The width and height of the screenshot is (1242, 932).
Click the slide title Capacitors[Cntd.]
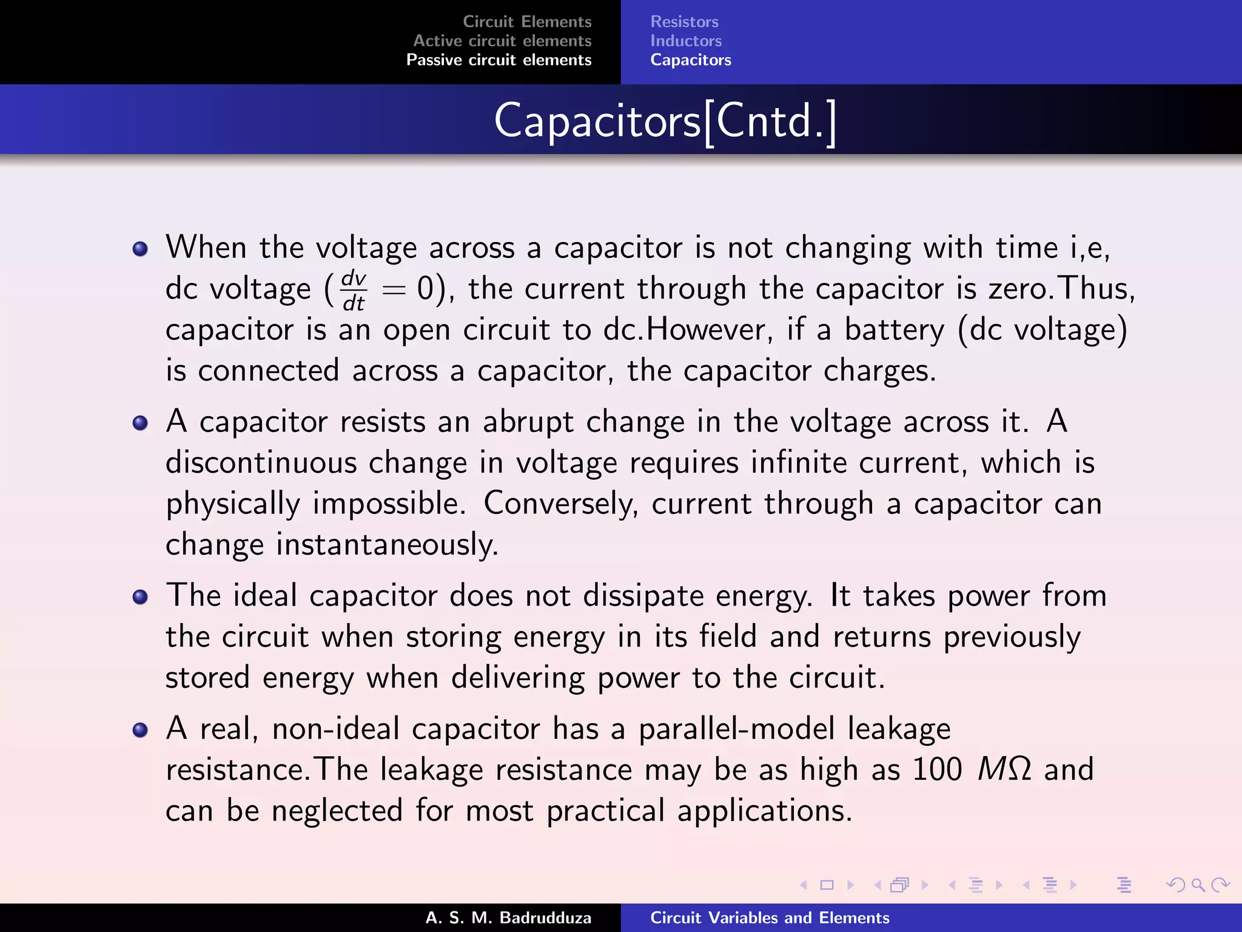(665, 121)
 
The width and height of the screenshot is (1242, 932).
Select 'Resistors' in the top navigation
(684, 22)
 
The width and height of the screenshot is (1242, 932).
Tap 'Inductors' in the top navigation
(686, 41)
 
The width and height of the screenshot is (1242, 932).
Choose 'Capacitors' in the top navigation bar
(691, 60)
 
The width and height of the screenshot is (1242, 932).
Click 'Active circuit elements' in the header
(502, 41)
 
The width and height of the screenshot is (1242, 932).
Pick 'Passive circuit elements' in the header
(498, 60)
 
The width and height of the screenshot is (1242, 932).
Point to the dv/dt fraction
(354, 290)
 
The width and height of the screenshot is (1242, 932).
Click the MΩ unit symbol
(1004, 769)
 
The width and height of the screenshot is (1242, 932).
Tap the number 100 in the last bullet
(937, 769)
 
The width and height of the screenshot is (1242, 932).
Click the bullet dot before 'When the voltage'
(140, 249)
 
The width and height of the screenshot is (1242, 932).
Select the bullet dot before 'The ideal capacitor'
(140, 597)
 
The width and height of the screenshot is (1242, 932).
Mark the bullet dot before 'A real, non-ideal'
(140, 729)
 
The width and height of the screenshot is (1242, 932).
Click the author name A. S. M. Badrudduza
(508, 917)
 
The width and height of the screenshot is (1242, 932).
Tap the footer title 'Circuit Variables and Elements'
(770, 917)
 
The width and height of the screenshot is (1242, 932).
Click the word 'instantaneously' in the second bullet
(387, 544)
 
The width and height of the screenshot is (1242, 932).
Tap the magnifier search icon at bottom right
(1198, 885)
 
